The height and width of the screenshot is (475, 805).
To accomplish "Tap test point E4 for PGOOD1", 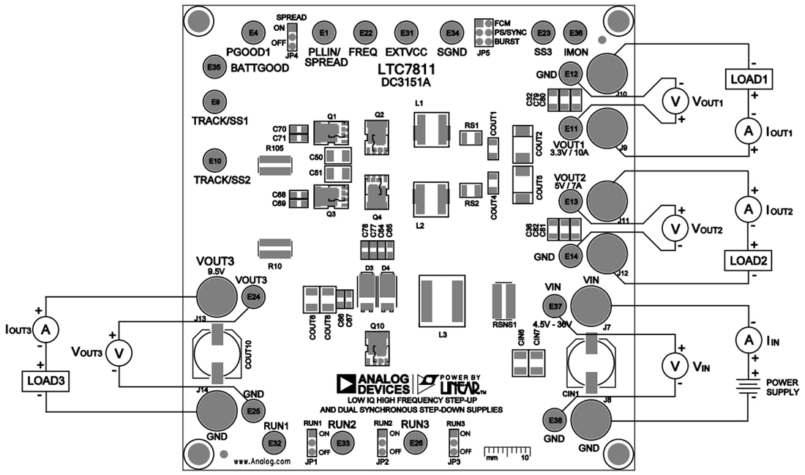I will pyautogui.click(x=253, y=33).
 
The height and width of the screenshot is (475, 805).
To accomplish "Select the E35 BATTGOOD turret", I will pyautogui.click(x=213, y=67).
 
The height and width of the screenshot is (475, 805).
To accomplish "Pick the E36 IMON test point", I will pyautogui.click(x=576, y=33).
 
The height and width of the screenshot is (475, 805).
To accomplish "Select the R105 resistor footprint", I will pyautogui.click(x=274, y=171).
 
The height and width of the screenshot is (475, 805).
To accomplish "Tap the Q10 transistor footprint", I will pyautogui.click(x=378, y=347).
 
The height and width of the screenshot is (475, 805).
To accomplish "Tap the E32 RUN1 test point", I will pyautogui.click(x=274, y=443).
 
